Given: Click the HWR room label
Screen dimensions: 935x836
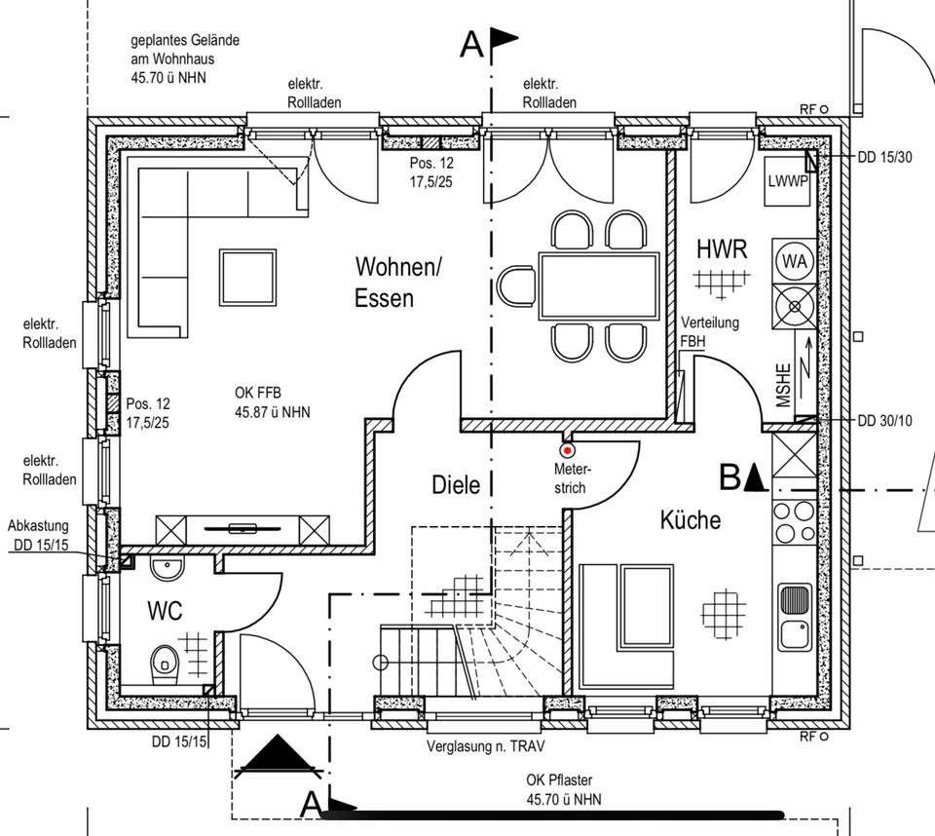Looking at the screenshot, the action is [722, 248].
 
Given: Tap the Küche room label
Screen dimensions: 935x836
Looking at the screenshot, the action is [690, 519].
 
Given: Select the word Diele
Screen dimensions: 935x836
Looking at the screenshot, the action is [456, 485].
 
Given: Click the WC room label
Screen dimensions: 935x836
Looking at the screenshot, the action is [165, 611].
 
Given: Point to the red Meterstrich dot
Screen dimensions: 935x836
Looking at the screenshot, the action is [568, 450].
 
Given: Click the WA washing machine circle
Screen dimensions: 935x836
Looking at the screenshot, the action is [795, 261].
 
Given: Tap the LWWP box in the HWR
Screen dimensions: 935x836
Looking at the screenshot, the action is [787, 181].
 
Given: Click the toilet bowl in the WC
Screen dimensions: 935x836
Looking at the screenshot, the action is [165, 663].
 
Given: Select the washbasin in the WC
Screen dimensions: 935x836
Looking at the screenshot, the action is [167, 567].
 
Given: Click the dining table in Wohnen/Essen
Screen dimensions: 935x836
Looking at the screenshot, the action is [599, 286].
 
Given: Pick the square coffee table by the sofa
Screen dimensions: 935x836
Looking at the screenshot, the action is [247, 278].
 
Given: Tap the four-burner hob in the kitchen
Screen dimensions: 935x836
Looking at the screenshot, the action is [795, 522].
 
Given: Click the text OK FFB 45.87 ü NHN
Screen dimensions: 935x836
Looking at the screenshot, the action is [273, 402].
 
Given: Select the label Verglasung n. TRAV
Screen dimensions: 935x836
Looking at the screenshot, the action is [485, 746].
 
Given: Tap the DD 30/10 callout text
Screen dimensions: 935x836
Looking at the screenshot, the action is [885, 421].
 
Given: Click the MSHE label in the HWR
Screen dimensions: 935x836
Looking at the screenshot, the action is [783, 386].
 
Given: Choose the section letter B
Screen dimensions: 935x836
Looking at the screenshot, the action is [729, 477].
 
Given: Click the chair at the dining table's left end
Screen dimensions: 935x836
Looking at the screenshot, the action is [517, 286].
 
